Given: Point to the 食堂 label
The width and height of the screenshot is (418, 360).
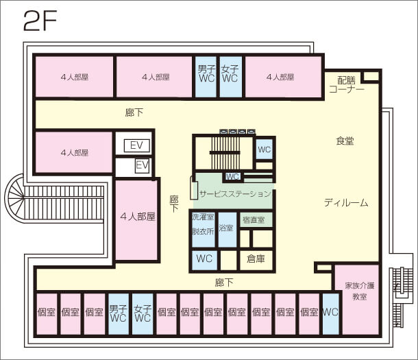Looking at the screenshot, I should tap(345, 141).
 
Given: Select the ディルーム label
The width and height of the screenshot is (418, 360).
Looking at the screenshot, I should tap(346, 203).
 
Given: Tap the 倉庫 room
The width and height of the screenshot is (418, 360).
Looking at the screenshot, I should tap(256, 260).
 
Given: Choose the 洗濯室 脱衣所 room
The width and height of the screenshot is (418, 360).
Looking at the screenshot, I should tap(203, 224).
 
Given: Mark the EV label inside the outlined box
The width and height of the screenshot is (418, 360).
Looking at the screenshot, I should tap(136, 145).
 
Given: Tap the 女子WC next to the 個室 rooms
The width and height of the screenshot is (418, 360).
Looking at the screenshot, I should tap(143, 313).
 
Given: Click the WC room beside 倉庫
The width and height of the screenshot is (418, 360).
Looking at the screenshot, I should tap(204, 259).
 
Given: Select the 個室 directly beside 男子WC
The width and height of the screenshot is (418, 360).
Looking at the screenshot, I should tap(94, 313).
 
